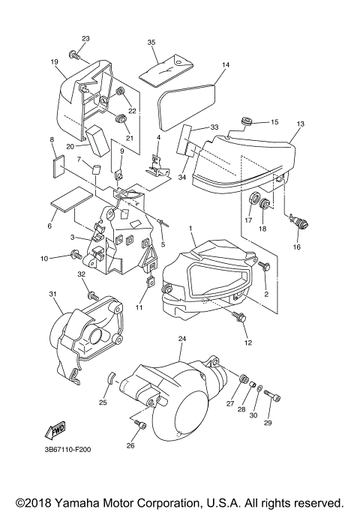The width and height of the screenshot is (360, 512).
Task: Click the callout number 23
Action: click(x=85, y=39)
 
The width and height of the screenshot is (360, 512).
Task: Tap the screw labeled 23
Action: click(x=75, y=55)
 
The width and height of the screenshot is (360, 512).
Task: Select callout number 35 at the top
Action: click(x=151, y=43)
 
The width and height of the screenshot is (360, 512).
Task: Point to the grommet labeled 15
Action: click(x=246, y=121)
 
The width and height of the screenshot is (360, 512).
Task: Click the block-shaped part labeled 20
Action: click(x=98, y=140)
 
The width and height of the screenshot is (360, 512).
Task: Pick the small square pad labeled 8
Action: click(x=58, y=167)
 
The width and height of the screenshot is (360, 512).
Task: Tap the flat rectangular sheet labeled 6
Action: click(x=72, y=199)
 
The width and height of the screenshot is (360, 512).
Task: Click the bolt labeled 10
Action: click(x=76, y=254)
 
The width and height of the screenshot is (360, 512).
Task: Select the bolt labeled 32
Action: click(x=93, y=296)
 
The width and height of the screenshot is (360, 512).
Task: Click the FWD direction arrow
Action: click(x=55, y=430)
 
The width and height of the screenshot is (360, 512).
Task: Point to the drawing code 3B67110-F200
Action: click(x=68, y=450)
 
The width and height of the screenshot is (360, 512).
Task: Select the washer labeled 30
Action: click(x=259, y=388)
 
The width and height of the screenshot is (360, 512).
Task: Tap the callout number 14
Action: click(x=226, y=65)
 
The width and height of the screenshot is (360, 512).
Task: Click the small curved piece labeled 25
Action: click(x=112, y=378)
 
